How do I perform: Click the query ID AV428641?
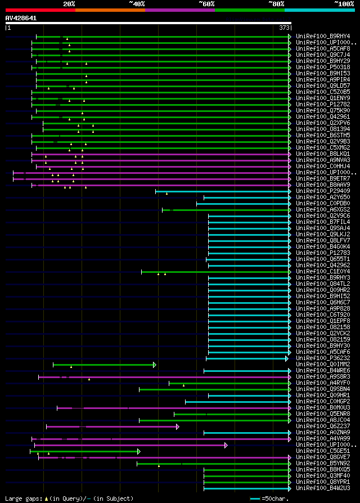(21, 18)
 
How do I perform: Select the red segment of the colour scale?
(40, 10)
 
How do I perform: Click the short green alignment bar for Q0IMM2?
(104, 365)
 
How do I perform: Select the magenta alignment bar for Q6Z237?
(112, 426)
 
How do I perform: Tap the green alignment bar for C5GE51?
(84, 451)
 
